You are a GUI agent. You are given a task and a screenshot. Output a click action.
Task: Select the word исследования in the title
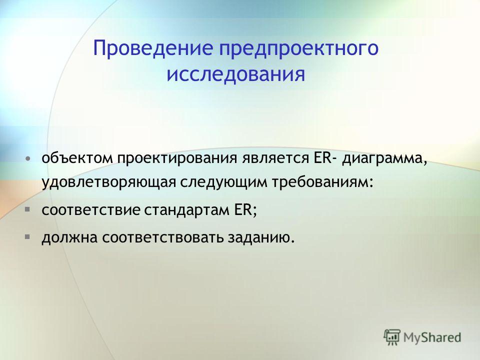click(x=235, y=74)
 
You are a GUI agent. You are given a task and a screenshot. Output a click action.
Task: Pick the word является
click(x=274, y=159)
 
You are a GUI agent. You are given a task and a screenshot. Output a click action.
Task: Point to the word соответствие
click(x=91, y=210)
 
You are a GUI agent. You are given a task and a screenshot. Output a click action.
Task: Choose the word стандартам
click(x=187, y=211)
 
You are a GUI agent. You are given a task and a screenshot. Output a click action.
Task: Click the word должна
click(x=69, y=238)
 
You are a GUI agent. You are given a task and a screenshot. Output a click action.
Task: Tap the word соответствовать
click(x=162, y=238)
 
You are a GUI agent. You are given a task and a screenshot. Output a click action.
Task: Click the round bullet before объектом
click(x=27, y=159)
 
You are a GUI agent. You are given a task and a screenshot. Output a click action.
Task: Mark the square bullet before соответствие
click(x=27, y=209)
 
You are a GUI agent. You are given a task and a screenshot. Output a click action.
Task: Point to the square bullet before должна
click(x=27, y=236)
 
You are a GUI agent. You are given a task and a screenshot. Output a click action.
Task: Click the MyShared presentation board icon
click(x=392, y=337)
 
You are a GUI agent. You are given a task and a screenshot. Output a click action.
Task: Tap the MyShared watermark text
click(x=432, y=337)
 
